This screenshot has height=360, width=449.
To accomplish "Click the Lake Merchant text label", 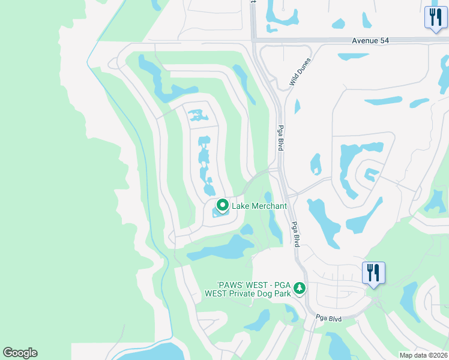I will click(259, 206).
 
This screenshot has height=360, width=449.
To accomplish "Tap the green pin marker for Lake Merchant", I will click(222, 206).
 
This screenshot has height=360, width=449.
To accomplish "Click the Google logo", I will click(20, 353).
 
